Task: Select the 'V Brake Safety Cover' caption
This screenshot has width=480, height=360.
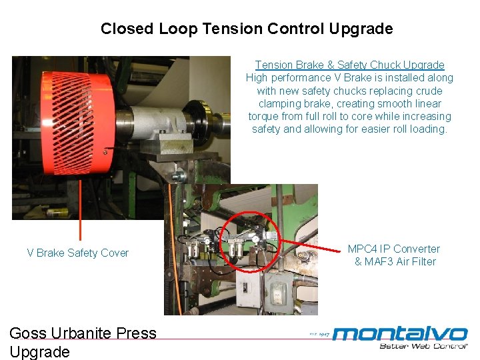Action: tap(77, 253)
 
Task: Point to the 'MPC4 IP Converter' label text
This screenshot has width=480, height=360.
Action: tap(394, 249)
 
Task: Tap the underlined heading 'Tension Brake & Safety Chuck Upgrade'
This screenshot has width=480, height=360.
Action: tap(349, 65)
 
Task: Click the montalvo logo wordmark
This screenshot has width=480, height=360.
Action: tap(400, 333)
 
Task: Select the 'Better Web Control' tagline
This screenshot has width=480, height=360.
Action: tap(423, 345)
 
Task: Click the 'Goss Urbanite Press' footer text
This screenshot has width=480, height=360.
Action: tap(83, 333)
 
